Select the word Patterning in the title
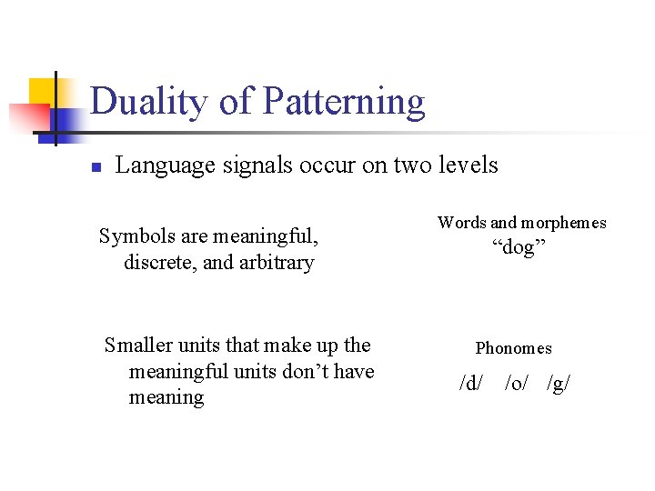point(343,102)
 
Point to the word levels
point(468,165)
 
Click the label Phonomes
point(513,348)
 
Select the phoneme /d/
point(471,384)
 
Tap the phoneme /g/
point(559,384)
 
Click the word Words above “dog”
point(461,223)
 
